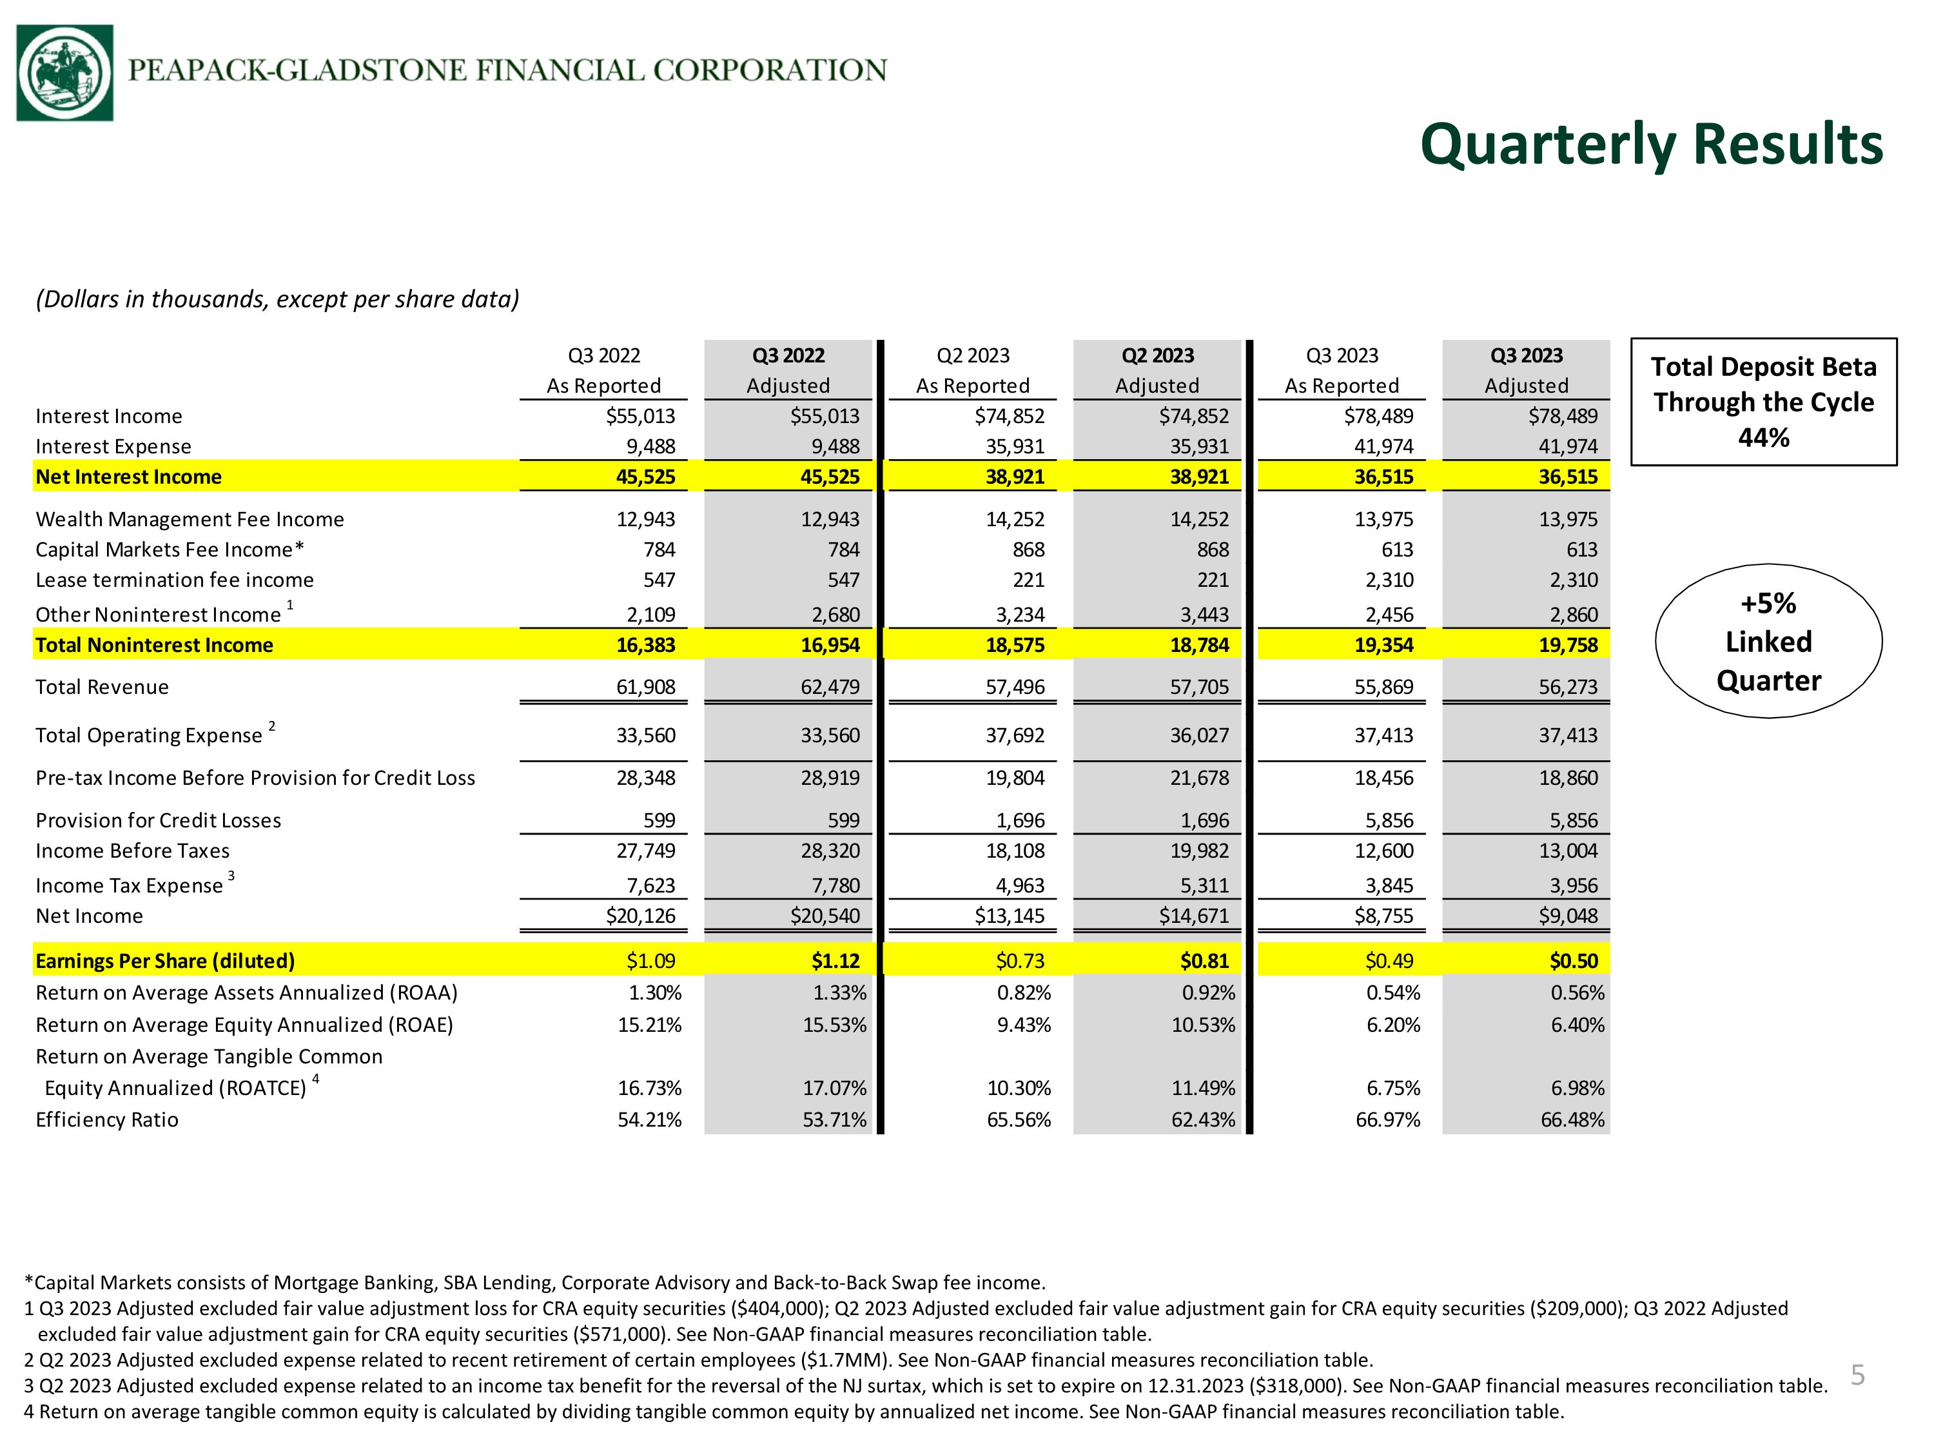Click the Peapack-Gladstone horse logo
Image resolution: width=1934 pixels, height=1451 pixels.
(x=64, y=73)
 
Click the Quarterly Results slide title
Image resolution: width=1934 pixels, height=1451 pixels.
(x=1651, y=144)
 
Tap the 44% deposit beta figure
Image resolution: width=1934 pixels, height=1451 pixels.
(x=1764, y=437)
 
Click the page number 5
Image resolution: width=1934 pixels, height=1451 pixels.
(x=1858, y=1375)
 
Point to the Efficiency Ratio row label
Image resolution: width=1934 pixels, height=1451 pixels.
(x=106, y=1120)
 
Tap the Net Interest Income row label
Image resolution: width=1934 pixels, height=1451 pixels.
(x=128, y=477)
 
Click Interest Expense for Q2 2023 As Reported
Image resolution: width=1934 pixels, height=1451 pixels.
(x=1015, y=446)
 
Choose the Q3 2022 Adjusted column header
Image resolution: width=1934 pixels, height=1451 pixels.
(x=788, y=370)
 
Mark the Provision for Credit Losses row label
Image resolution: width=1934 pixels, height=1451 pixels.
(x=158, y=820)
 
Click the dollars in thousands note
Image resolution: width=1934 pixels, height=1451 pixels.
(x=277, y=299)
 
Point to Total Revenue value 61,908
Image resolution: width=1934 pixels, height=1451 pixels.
(x=645, y=687)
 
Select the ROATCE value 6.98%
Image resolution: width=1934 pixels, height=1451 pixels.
(x=1577, y=1088)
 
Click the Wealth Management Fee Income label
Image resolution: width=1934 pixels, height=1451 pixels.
(x=190, y=520)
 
